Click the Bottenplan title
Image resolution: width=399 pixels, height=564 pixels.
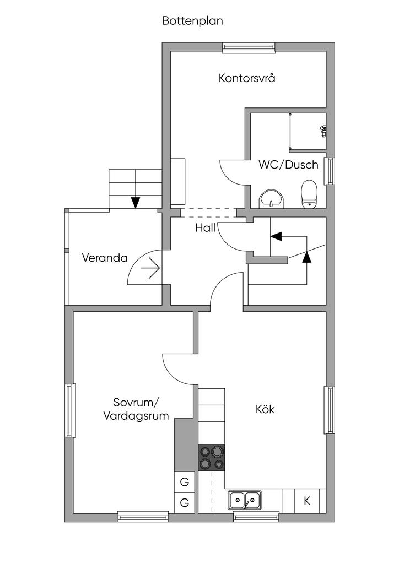point(192,21)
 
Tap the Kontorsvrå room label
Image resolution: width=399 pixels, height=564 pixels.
point(247,78)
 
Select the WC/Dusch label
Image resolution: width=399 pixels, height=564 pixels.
point(288,164)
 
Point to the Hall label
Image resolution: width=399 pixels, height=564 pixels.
point(205,228)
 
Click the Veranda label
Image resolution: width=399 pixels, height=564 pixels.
point(105,257)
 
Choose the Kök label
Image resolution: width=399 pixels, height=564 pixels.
point(265,409)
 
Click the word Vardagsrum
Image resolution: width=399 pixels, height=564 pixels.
point(136,416)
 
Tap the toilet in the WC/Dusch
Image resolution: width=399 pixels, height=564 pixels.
point(309,195)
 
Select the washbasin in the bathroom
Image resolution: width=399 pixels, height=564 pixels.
point(271,199)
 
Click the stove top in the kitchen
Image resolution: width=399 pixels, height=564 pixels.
point(212,458)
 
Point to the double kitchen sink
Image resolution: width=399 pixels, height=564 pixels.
point(245,500)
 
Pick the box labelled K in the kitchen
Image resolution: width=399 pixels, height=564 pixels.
point(307,501)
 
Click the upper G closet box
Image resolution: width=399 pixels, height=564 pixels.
point(185,482)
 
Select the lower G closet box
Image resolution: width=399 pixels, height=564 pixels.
point(185,502)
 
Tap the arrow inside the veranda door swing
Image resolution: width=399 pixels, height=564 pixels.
point(150,268)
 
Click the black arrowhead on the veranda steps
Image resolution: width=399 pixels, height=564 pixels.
point(135,202)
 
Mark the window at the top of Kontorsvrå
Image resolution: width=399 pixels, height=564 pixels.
point(248,48)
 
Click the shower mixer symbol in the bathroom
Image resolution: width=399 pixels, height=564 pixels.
point(323,131)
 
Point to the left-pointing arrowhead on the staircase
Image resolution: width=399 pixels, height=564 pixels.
point(276,236)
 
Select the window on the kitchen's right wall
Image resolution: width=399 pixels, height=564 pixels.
point(329,410)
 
